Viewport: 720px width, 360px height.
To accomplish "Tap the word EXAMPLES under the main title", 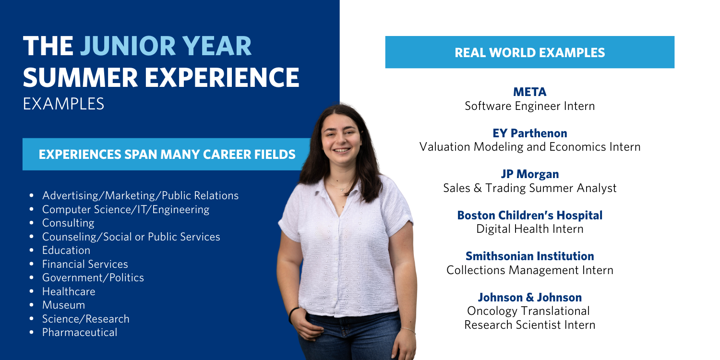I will [64, 104].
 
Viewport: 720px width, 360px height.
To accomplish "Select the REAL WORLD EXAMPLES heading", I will [530, 52].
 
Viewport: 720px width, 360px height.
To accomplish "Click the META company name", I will [530, 92].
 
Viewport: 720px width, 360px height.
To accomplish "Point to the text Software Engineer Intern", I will [530, 106].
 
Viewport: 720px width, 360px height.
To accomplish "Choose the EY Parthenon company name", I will [530, 133].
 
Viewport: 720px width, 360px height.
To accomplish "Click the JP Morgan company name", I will [530, 174].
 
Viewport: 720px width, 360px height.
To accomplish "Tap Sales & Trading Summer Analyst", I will [530, 188].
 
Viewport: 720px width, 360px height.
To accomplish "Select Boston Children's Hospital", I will [530, 215].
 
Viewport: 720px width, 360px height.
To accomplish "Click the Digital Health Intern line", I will [530, 229].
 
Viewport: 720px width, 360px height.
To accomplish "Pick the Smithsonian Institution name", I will [530, 256].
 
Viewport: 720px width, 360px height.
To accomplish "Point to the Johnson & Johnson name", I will [530, 297].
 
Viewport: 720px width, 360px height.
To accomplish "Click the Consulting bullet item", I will [68, 223].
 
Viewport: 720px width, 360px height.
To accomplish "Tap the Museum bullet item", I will [63, 305].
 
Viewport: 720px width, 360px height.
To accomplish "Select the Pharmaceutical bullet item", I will [79, 332].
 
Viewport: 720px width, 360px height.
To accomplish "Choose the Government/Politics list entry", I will [93, 277].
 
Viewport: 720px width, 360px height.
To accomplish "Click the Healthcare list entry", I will [69, 291].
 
